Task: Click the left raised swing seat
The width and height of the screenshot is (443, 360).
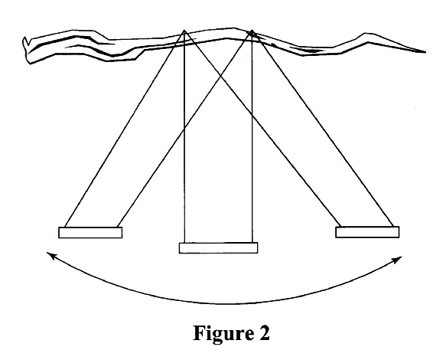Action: click(90, 232)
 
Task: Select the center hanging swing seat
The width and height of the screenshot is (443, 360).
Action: click(218, 247)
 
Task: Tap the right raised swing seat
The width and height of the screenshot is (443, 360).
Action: click(367, 232)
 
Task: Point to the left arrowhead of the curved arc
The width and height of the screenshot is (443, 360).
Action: click(50, 255)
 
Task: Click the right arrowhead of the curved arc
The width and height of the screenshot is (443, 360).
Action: click(399, 258)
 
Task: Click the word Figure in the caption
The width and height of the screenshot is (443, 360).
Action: click(223, 333)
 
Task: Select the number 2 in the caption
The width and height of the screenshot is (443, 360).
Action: click(265, 332)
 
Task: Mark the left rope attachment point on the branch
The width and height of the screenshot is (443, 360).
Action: click(184, 30)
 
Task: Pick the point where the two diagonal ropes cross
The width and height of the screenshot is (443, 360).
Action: click(220, 76)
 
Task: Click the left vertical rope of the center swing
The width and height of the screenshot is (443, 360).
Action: click(184, 136)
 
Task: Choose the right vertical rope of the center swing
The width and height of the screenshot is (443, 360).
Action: click(252, 136)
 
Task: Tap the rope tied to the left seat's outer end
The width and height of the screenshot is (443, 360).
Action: click(125, 129)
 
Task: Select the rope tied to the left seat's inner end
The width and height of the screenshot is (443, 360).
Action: click(184, 129)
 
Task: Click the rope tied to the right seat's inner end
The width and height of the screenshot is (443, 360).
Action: click(262, 129)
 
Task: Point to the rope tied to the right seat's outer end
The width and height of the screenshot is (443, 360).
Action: click(322, 129)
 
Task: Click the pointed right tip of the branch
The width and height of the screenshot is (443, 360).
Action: click(425, 52)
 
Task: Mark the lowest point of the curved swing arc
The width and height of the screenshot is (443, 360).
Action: click(226, 304)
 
